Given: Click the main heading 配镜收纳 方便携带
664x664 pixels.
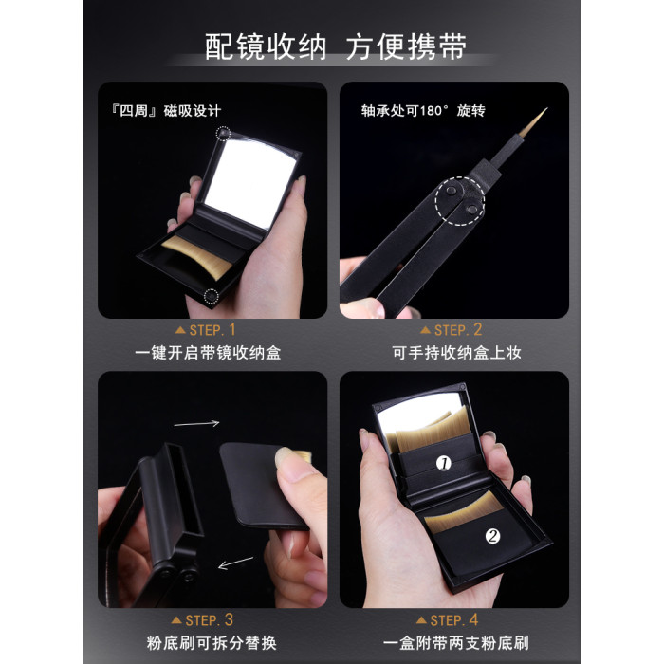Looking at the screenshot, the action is tap(336, 46).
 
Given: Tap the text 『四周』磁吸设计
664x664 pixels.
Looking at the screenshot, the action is tap(166, 111).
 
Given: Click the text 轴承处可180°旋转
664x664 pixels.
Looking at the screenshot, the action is tap(423, 111).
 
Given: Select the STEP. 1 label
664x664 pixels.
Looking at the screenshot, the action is tap(206, 330).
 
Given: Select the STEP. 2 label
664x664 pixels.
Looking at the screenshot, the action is tap(451, 330).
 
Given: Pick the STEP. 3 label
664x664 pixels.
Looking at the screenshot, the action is tap(202, 620).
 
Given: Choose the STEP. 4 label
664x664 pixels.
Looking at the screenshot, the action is tap(447, 620).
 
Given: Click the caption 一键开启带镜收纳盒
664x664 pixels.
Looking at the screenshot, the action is tap(208, 353).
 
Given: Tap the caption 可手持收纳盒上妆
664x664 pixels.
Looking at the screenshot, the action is tap(456, 353).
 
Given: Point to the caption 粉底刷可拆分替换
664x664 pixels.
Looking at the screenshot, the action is tap(212, 643).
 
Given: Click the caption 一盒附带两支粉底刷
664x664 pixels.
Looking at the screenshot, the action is tap(455, 643).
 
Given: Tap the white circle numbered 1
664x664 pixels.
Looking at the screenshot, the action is tap(444, 464).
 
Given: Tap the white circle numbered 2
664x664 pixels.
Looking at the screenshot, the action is tap(492, 536).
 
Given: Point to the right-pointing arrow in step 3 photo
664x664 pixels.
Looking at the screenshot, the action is tap(196, 423).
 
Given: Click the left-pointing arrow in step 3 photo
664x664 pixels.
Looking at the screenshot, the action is tap(235, 563).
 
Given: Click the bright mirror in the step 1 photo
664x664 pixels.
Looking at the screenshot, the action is tap(249, 182).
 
